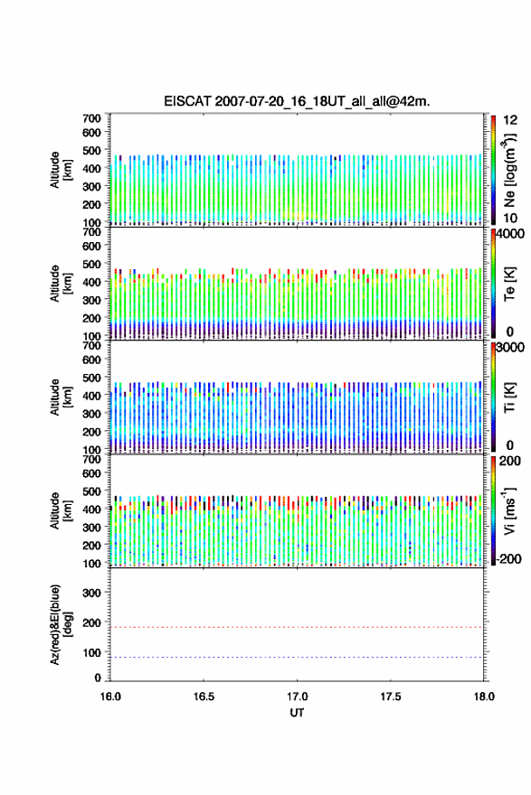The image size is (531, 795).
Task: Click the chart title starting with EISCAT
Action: tap(297, 101)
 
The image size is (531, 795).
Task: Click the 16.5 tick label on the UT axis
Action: tap(203, 697)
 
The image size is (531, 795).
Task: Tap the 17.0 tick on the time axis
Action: tap(297, 697)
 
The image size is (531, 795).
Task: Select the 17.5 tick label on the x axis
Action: tap(390, 697)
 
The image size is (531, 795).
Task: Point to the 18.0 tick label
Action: tap(484, 697)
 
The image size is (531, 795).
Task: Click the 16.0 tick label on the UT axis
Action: tap(110, 697)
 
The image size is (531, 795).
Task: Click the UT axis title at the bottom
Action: tap(297, 713)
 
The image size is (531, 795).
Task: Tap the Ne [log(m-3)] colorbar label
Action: tap(510, 170)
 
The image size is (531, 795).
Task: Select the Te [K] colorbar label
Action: tap(509, 284)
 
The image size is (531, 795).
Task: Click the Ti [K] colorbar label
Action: tap(509, 397)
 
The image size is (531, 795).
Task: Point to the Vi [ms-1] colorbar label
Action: tap(509, 511)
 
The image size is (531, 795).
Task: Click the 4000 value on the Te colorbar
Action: tap(510, 234)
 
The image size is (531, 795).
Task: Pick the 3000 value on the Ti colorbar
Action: tap(510, 347)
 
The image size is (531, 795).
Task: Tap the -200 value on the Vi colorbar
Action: tap(507, 558)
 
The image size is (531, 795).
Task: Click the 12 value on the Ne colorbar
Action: tap(510, 120)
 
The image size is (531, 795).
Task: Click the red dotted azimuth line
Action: tap(297, 627)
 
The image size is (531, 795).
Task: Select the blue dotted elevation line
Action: tap(297, 657)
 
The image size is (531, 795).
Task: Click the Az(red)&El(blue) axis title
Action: tap(61, 624)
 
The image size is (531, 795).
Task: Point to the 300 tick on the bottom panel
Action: tap(91, 593)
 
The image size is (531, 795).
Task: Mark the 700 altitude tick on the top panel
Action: tap(91, 118)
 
